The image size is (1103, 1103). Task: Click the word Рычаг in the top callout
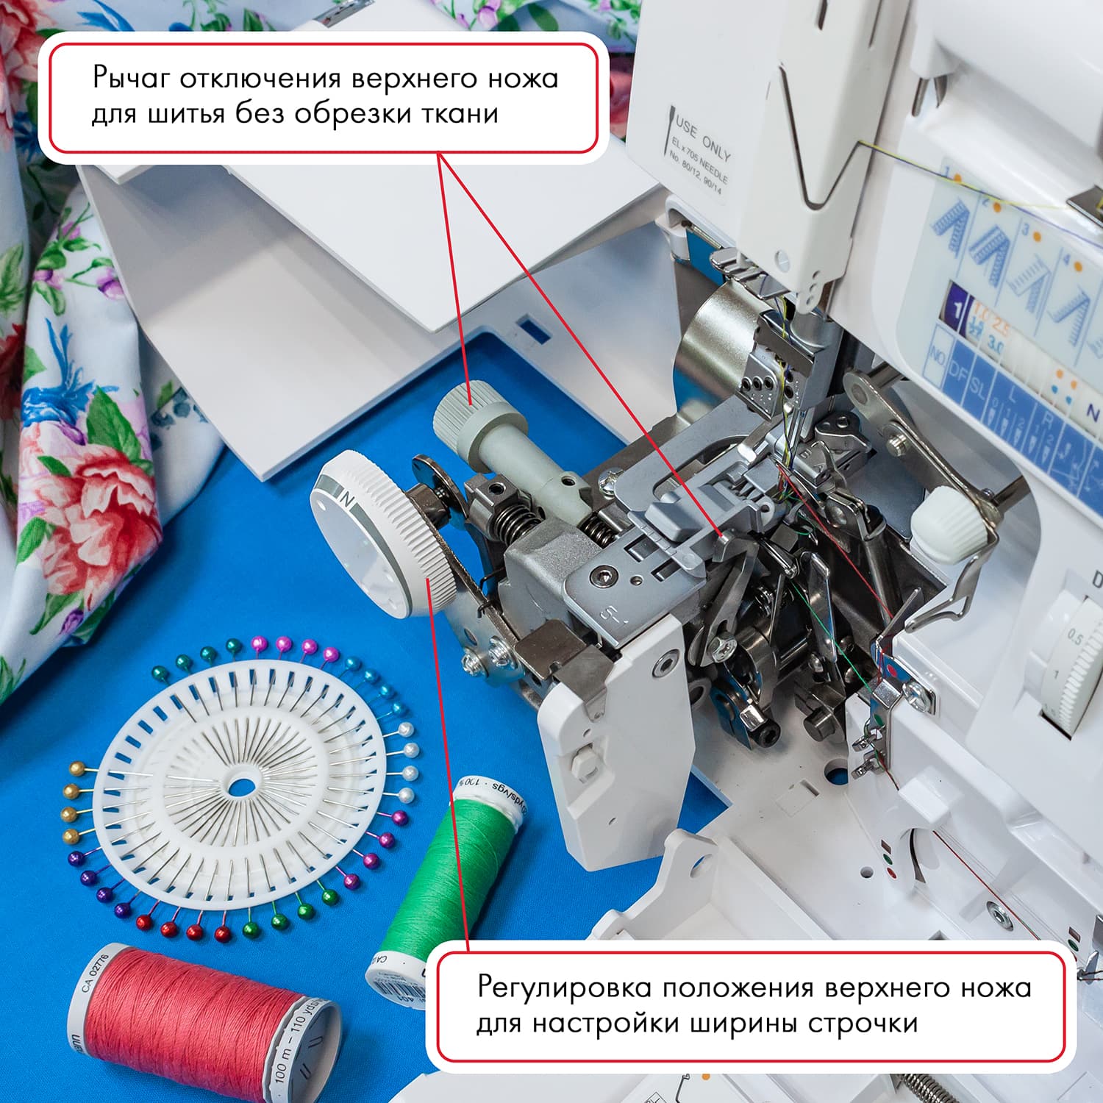coord(132,79)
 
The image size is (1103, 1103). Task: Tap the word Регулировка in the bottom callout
coord(564,988)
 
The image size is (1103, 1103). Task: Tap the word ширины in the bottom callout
coord(743,1024)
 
